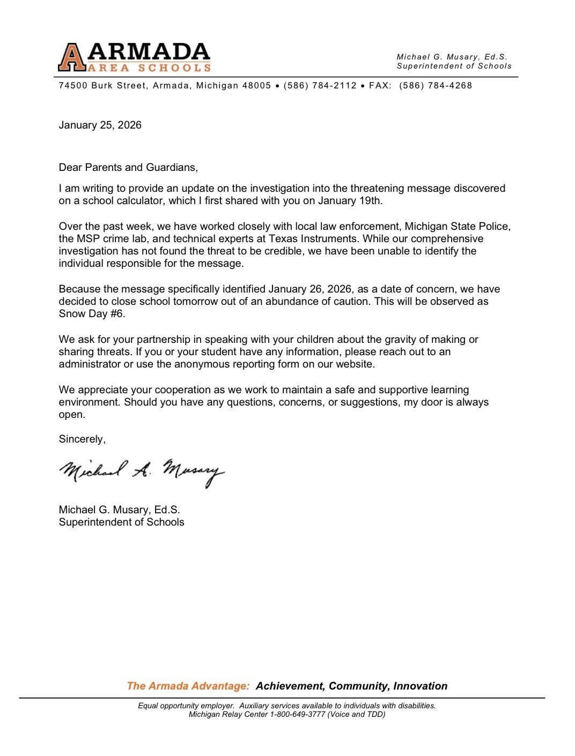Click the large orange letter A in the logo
tap(72, 58)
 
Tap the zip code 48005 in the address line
tap(256, 86)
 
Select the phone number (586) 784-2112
tap(320, 86)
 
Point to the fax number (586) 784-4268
tap(436, 86)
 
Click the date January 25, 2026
tap(100, 125)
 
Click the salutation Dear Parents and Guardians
tap(128, 168)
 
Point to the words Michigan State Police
tap(456, 227)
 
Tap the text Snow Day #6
tap(92, 314)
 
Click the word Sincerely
tap(82, 439)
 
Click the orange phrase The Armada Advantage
tap(188, 686)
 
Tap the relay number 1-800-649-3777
tap(298, 714)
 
